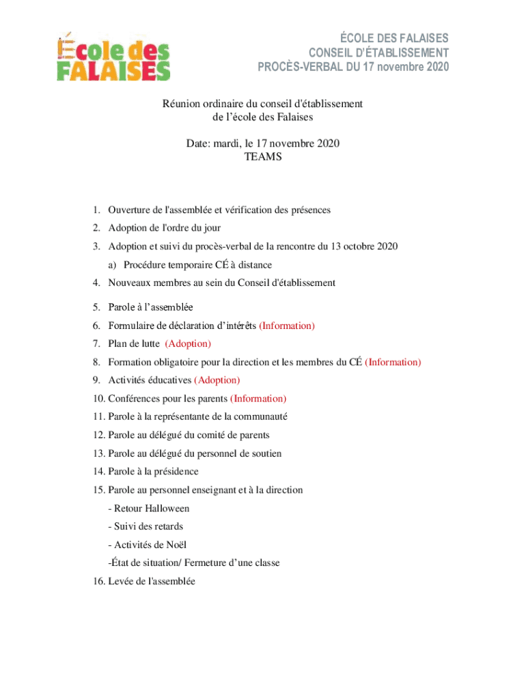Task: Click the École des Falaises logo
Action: (x=113, y=57)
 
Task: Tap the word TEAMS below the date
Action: (x=263, y=157)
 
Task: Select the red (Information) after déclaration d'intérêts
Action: (x=287, y=326)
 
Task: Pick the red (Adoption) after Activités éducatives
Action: (x=217, y=380)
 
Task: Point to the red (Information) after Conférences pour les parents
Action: (x=258, y=399)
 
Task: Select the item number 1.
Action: (x=98, y=210)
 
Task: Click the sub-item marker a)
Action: (x=111, y=265)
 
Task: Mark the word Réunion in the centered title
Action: (x=180, y=104)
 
